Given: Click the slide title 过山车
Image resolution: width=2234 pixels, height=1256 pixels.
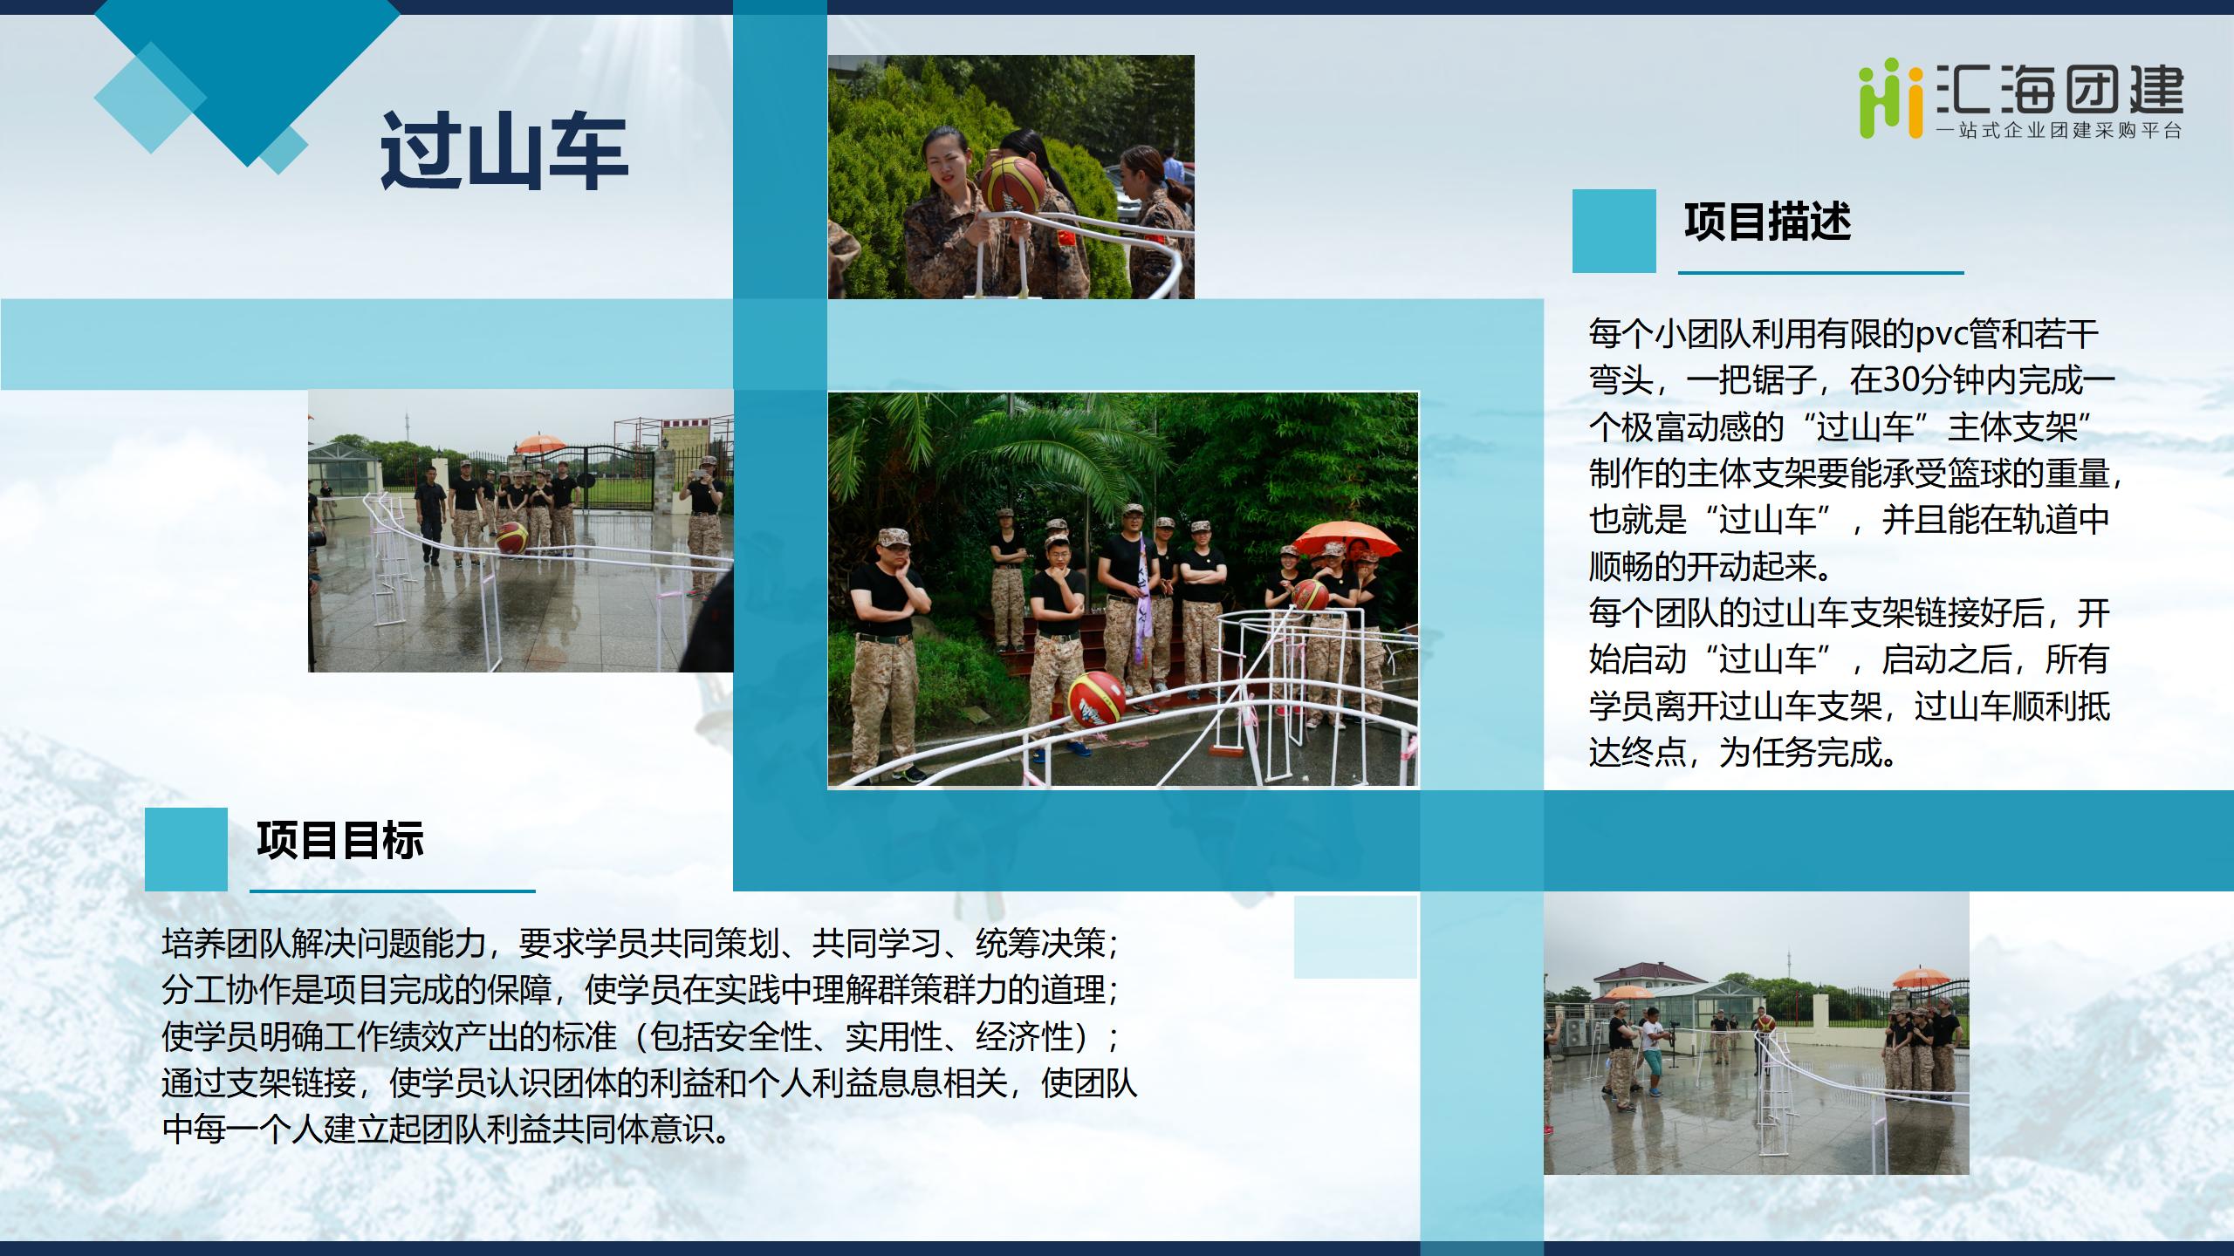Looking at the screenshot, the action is pyautogui.click(x=504, y=152).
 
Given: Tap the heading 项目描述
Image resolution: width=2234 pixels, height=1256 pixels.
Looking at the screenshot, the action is pyautogui.click(x=1767, y=222).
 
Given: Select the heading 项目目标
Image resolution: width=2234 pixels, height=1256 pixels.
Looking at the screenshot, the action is pyautogui.click(x=340, y=840).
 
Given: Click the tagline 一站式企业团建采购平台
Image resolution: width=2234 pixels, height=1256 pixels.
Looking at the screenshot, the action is pyautogui.click(x=2059, y=131).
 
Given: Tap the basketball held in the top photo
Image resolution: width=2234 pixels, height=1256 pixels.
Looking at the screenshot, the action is pyautogui.click(x=1012, y=185).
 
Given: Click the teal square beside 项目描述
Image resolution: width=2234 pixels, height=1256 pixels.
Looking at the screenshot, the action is pyautogui.click(x=1614, y=230).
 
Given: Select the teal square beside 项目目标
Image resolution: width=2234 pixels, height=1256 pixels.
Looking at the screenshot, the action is pyautogui.click(x=186, y=849).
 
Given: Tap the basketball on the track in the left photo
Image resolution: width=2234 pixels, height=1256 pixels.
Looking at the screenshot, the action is pyautogui.click(x=512, y=536).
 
